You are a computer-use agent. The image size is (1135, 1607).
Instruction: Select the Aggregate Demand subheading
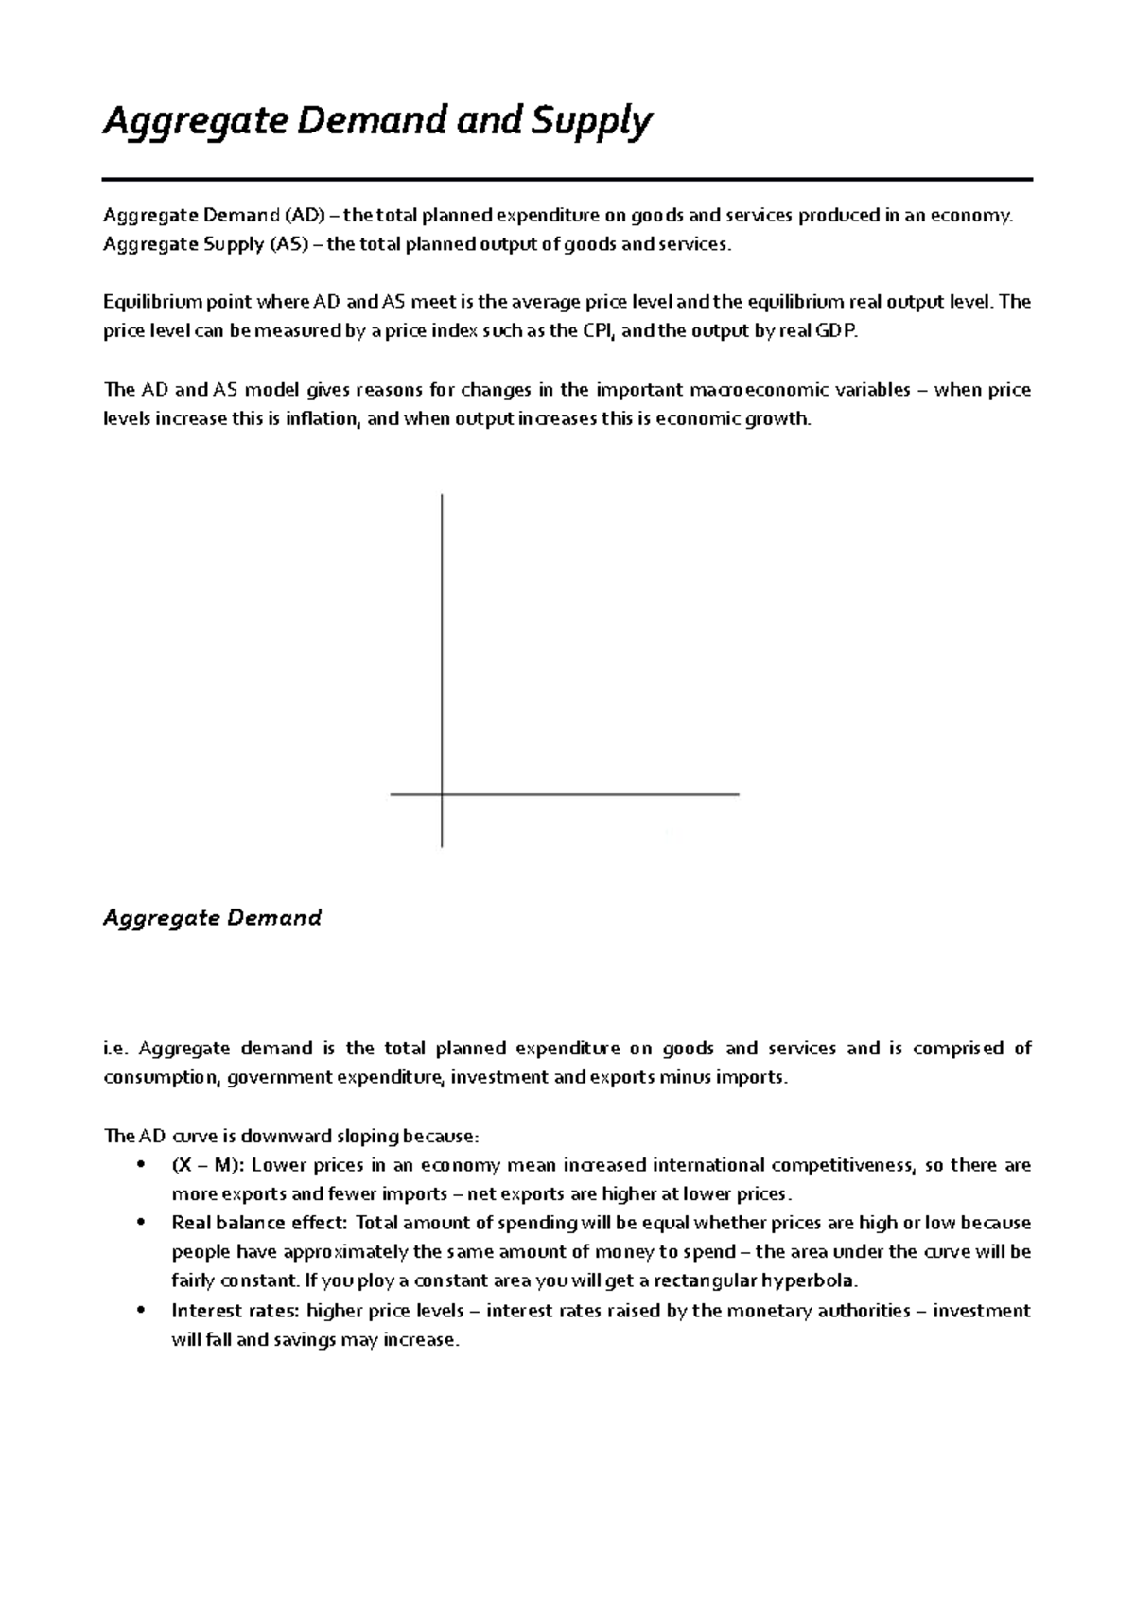pos(212,917)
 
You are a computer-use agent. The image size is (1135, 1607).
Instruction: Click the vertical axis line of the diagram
pos(442,644)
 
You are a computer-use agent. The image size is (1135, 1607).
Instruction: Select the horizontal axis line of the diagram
pos(586,794)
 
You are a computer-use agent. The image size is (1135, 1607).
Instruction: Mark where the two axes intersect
pos(442,794)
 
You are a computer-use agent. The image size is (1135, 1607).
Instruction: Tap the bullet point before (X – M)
pos(142,1165)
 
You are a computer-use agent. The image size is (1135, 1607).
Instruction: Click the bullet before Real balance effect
pos(142,1224)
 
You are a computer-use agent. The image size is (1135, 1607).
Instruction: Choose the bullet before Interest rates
pos(142,1312)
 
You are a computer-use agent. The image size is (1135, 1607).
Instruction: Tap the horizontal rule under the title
pos(567,179)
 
